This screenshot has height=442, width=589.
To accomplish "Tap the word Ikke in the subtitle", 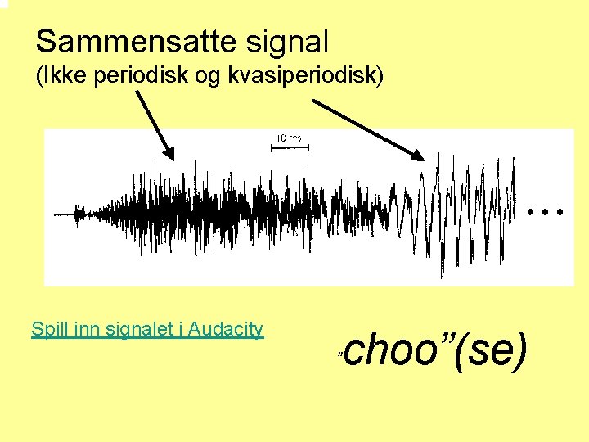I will click(x=63, y=77).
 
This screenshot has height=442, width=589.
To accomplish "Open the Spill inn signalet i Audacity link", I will click(x=147, y=329).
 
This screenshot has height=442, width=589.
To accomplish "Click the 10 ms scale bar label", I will click(x=288, y=138).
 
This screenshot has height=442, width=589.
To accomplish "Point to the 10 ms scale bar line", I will click(x=287, y=147).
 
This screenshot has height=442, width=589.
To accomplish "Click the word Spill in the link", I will click(x=48, y=329).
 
